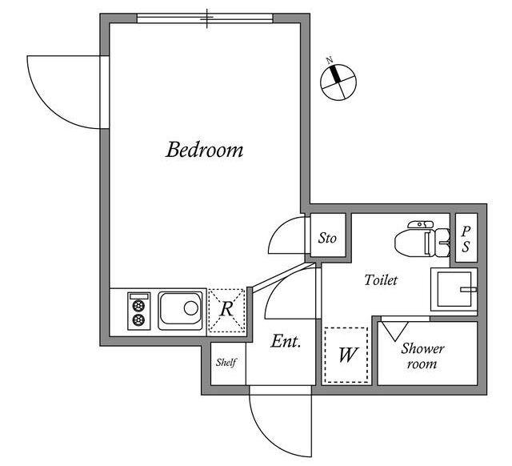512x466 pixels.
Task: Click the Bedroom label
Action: click(x=205, y=150)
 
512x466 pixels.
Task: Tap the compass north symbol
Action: click(x=338, y=82)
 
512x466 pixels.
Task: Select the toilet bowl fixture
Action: click(x=422, y=239)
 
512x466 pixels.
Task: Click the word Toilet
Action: click(x=381, y=280)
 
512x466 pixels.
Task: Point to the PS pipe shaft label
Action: click(x=466, y=239)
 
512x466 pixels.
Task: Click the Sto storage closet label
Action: click(x=327, y=238)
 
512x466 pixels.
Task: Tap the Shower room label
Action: click(x=422, y=356)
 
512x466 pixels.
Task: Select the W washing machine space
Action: click(x=346, y=355)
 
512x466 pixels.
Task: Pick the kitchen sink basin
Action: click(x=180, y=311)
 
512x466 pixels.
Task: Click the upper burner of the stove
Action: click(x=138, y=306)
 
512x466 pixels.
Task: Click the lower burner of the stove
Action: click(x=138, y=320)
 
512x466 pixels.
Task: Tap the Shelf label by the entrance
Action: click(x=226, y=362)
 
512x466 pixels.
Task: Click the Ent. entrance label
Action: click(x=286, y=342)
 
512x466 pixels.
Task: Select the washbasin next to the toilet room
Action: click(x=454, y=289)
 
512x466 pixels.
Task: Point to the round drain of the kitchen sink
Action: click(x=190, y=307)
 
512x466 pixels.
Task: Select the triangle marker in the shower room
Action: click(x=395, y=331)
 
